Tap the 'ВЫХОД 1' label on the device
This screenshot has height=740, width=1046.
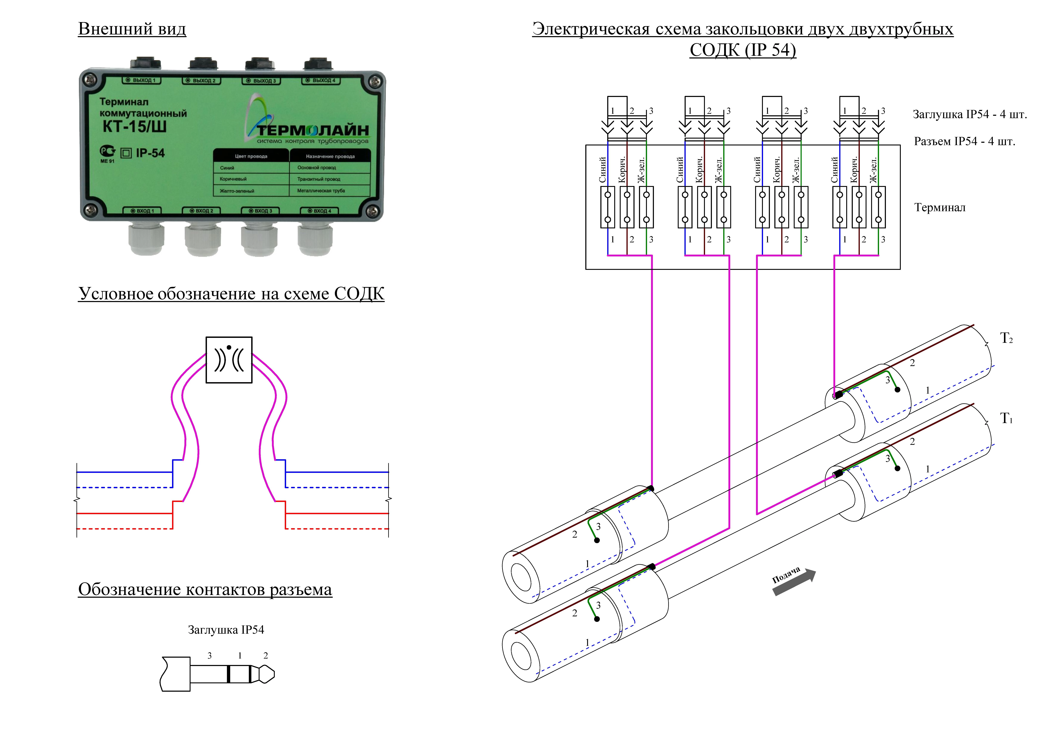click(141, 80)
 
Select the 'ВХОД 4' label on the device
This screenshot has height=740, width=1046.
click(319, 211)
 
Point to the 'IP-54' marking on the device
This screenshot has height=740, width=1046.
click(150, 153)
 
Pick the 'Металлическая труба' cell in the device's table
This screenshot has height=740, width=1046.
click(321, 191)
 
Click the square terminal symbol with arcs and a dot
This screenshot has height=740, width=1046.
click(229, 360)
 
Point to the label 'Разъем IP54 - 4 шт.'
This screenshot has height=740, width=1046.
click(964, 141)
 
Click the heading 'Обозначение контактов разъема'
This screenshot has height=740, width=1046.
click(205, 589)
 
